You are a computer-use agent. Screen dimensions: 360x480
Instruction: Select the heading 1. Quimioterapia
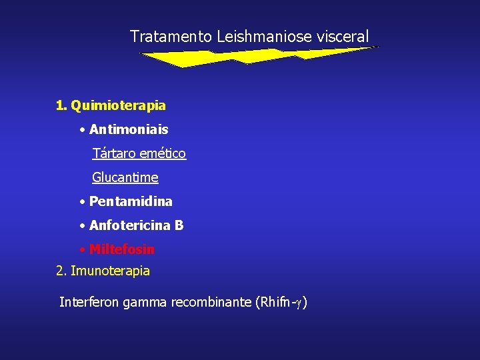click(111, 105)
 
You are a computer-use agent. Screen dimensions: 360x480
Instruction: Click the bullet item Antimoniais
click(129, 129)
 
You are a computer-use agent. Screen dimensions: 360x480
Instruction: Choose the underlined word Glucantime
click(125, 177)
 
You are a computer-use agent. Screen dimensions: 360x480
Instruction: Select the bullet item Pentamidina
click(131, 201)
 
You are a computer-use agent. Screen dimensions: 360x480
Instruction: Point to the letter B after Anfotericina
click(179, 225)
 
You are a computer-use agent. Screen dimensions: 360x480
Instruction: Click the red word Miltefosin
click(122, 249)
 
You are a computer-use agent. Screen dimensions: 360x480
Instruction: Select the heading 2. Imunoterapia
click(103, 271)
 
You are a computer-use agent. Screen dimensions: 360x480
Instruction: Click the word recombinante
click(211, 302)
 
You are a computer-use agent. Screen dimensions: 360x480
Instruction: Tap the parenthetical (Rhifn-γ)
click(281, 303)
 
